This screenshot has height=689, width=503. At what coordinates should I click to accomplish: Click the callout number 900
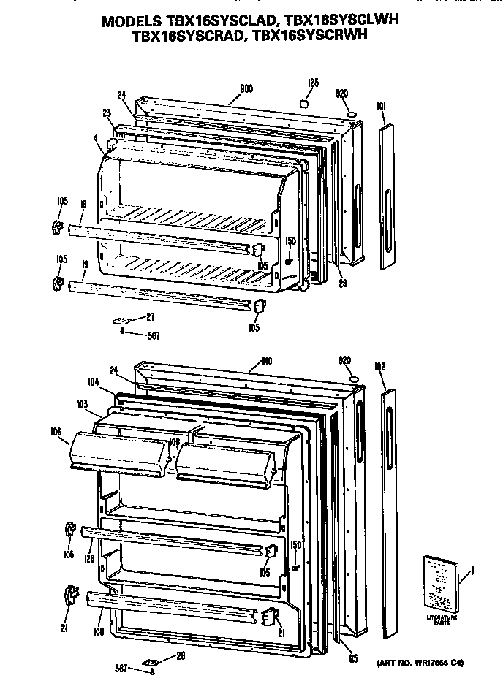pos(246,88)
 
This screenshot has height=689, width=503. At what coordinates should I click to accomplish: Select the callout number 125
pos(312,83)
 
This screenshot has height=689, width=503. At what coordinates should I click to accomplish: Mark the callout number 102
pos(379,367)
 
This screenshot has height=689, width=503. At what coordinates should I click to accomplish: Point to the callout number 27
pos(150,317)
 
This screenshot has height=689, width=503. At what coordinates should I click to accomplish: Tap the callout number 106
pos(56,432)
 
